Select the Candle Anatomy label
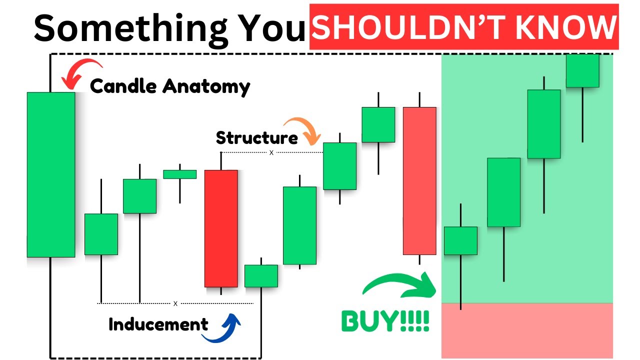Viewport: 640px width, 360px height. point(170,86)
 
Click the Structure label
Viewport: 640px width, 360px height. point(256,137)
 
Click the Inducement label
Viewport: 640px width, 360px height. point(158,324)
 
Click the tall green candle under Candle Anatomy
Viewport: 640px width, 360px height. point(50,174)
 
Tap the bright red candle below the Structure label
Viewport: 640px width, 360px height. point(221,228)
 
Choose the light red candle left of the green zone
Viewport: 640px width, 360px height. point(419,181)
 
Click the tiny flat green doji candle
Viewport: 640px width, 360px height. point(180,174)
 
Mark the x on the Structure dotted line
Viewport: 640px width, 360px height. point(271,152)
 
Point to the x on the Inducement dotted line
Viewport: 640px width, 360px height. point(175,303)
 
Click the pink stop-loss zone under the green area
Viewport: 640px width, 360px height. point(527,330)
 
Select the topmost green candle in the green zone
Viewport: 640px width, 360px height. point(582,70)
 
